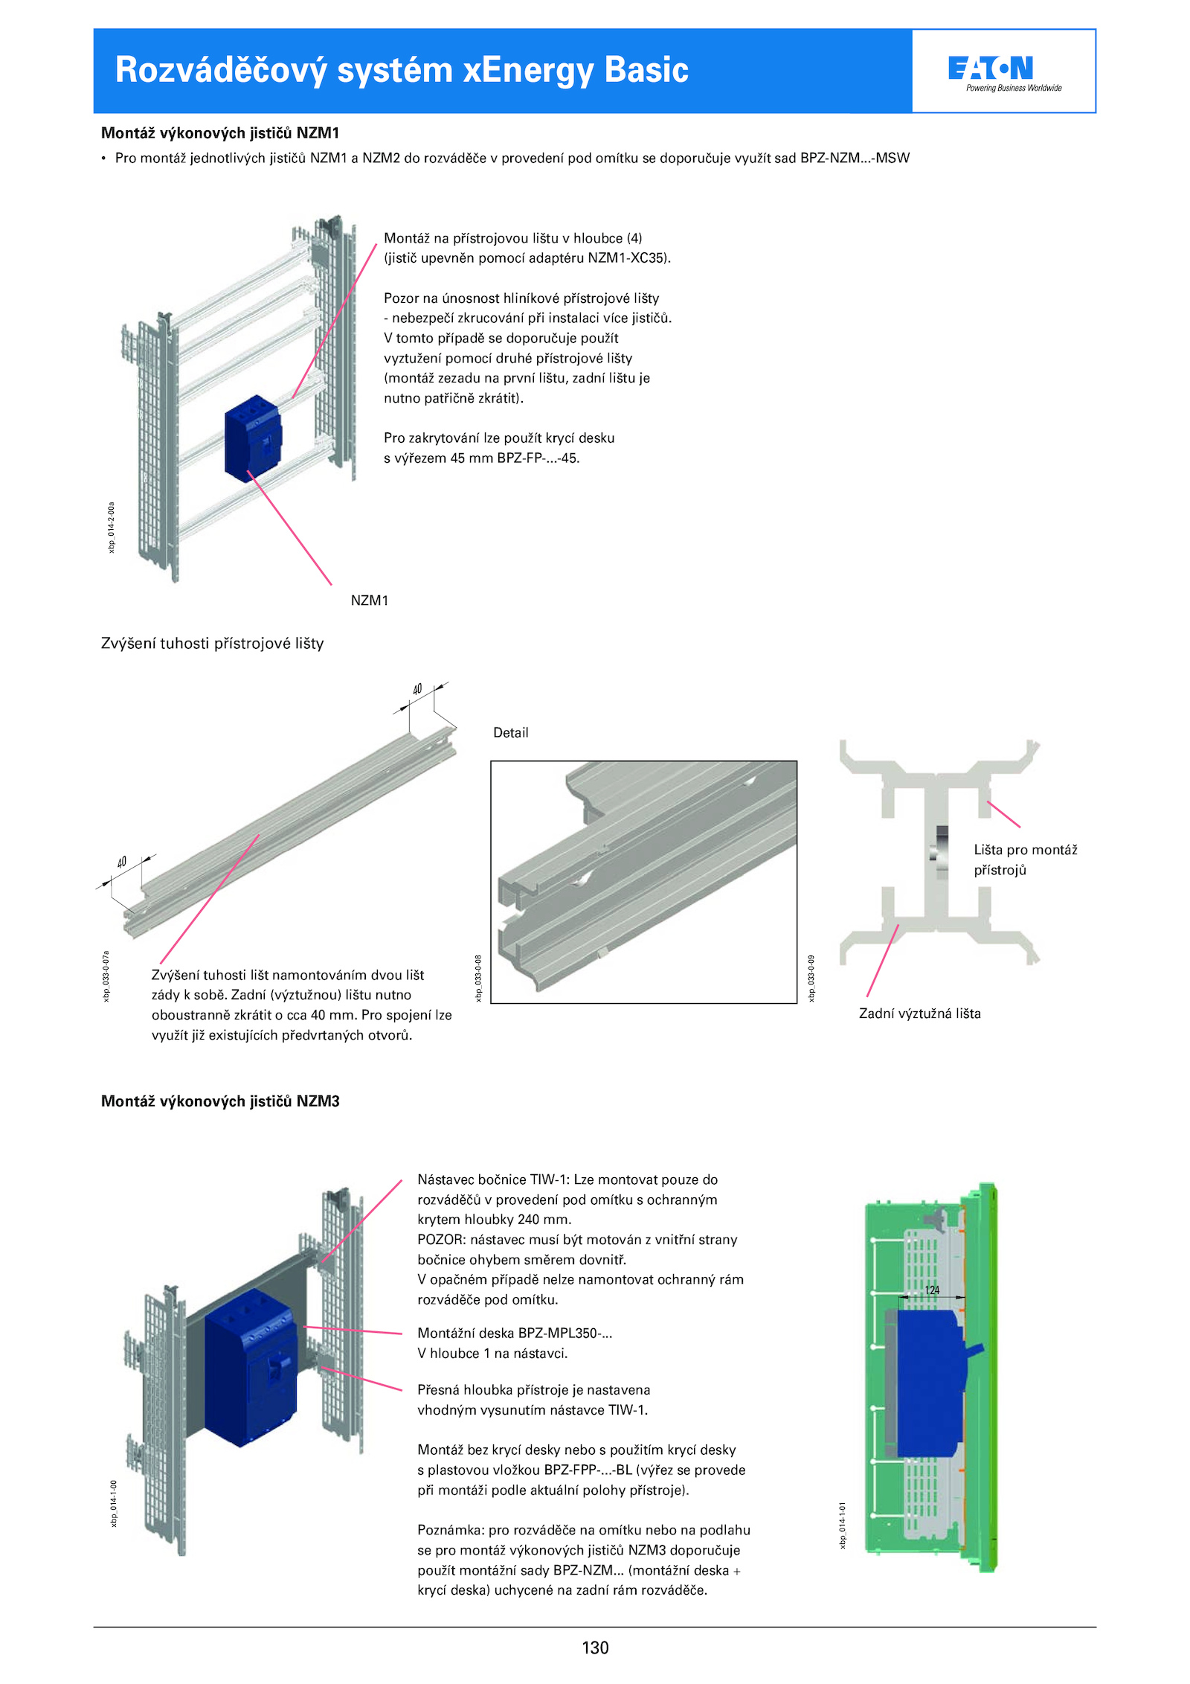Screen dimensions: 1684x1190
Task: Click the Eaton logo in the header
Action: pos(991,69)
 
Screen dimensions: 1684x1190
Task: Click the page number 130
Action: pos(595,1648)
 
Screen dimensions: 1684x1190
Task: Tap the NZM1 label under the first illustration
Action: pos(369,601)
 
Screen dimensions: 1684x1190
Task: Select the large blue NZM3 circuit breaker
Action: pos(251,1368)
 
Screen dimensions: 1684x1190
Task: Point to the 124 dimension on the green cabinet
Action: pos(932,1290)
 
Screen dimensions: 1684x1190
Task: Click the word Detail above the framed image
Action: pos(511,733)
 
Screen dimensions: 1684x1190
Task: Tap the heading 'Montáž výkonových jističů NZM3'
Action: pos(220,1101)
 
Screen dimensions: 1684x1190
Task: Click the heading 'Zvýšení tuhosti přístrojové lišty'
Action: pos(212,644)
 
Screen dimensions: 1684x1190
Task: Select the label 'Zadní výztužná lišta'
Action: pos(919,1014)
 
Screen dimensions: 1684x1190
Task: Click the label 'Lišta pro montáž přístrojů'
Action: pos(1025,859)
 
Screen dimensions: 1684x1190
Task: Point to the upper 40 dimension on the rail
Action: pos(417,689)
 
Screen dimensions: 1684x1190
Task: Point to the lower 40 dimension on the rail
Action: pos(122,862)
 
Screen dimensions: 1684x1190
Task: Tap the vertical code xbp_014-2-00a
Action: pos(112,527)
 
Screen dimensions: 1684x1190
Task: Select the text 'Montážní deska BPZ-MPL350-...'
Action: pos(515,1333)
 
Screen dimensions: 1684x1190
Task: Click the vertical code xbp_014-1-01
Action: pos(843,1525)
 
